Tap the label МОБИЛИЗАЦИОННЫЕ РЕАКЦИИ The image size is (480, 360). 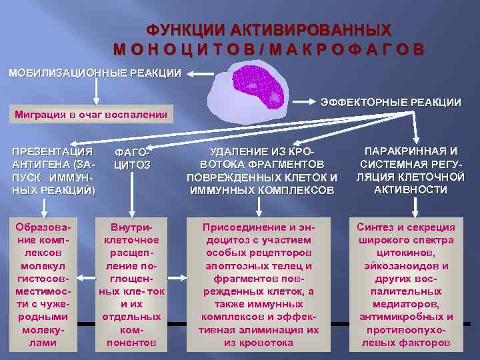pos(94,72)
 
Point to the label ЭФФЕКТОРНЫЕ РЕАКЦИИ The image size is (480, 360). pos(391,102)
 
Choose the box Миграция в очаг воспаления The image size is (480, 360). pos(91,114)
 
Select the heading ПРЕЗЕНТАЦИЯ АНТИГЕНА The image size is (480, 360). pos(53,170)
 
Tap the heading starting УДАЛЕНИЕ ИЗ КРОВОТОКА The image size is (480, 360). pos(262,171)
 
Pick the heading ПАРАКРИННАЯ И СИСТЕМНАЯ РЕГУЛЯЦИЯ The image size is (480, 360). pos(411,170)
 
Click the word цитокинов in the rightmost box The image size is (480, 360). pos(406,253)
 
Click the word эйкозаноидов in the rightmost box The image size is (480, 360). pos(406,265)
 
